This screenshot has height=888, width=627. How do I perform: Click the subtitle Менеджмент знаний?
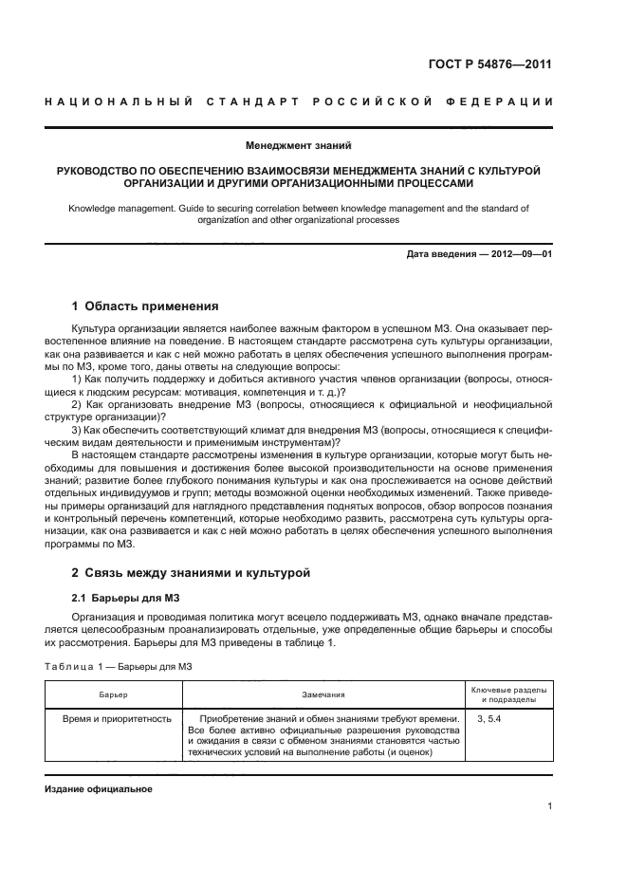(299, 146)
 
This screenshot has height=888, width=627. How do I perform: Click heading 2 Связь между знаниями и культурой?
(190, 573)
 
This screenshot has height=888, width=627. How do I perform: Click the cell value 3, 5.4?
(489, 719)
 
